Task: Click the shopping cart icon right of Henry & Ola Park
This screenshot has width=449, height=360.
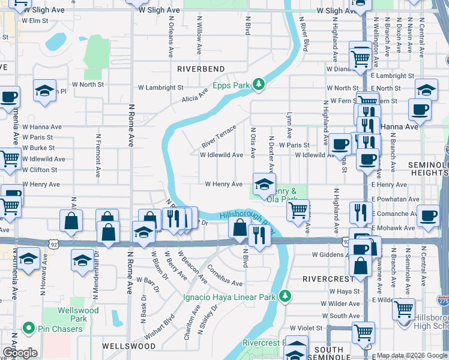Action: pos(298,210)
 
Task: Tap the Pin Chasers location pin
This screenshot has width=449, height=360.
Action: pos(28,328)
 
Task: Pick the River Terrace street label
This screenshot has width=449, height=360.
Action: pos(218,137)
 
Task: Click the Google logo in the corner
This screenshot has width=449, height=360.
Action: pos(20,353)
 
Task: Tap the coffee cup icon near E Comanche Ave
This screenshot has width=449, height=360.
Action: pos(427,215)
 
